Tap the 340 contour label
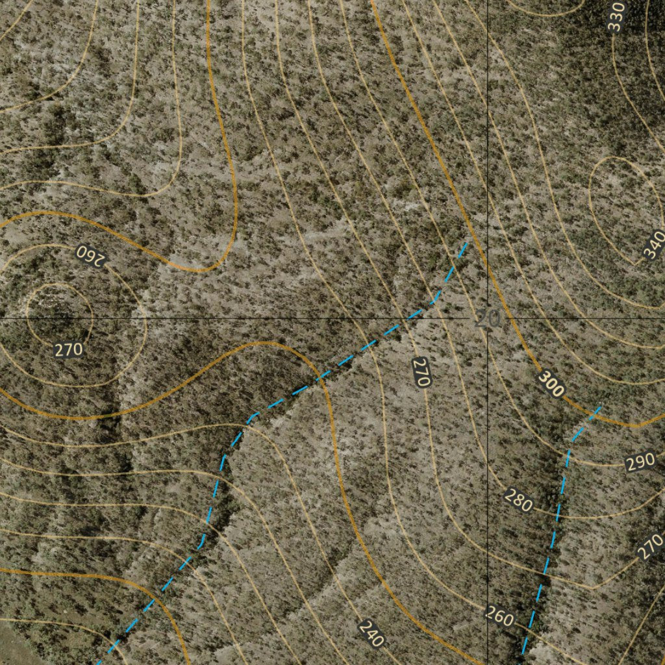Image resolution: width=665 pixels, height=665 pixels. tap(654, 244)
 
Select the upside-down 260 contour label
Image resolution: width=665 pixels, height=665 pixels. tap(90, 255)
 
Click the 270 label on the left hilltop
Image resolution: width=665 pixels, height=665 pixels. tap(68, 350)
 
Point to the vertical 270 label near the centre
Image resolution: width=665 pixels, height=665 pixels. tap(421, 372)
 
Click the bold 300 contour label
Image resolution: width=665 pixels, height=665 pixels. tap(551, 384)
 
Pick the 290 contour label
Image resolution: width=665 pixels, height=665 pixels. tap(640, 463)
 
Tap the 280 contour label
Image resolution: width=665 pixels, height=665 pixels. tap(518, 501)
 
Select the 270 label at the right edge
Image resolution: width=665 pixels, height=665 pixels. tap(650, 546)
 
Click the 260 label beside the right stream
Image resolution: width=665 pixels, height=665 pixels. tap(499, 617)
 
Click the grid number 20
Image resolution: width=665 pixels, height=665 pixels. tap(488, 319)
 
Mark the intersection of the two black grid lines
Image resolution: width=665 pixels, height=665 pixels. tap(488, 319)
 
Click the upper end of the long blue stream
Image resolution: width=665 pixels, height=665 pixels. tap(466, 244)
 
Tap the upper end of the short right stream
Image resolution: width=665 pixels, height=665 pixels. tap(600, 407)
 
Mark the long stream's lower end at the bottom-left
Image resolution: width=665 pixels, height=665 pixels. tap(99, 662)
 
